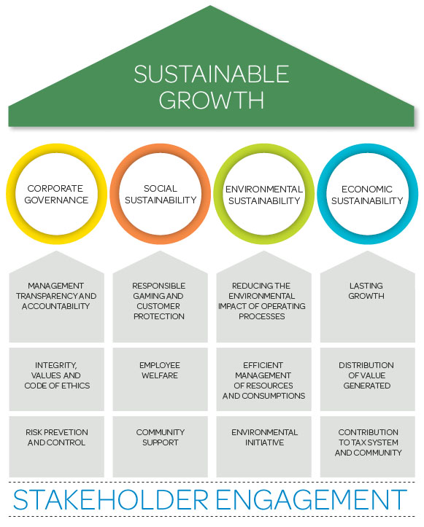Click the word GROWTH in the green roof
click(212, 100)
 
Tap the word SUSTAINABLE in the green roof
click(212, 74)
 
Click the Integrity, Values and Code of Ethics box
click(56, 379)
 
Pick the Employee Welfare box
click(160, 379)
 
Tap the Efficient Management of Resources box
click(264, 379)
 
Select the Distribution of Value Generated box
click(368, 379)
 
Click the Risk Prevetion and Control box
click(56, 447)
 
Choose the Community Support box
click(160, 447)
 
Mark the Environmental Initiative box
click(264, 447)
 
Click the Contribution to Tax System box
click(368, 447)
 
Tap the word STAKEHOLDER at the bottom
click(111, 500)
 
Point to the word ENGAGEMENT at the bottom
click(312, 500)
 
